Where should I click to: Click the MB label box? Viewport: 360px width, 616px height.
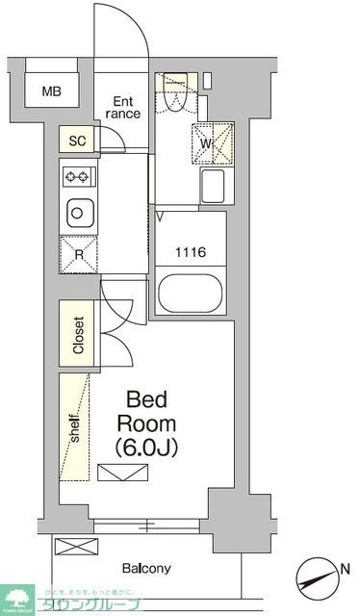coord(51,92)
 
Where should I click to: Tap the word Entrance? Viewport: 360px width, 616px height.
coord(124,107)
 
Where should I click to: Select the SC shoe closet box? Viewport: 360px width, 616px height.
coord(78,141)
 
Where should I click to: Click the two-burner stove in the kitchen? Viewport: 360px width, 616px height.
coord(78,176)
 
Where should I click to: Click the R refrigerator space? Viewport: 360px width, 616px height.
coord(78,254)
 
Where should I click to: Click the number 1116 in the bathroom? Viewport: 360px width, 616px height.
coord(189,253)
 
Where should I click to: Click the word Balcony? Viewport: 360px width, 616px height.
coord(146,568)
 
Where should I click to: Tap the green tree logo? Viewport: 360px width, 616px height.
coord(16,599)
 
